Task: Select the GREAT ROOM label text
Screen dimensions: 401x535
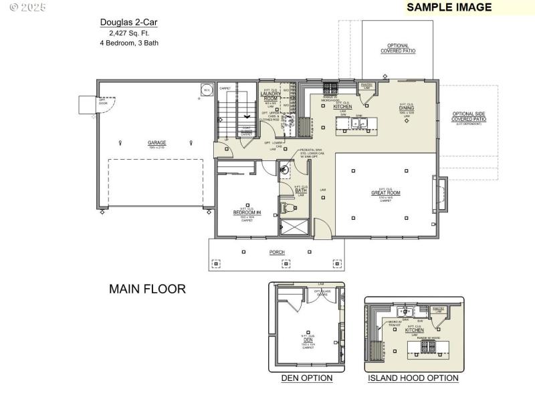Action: click(386, 193)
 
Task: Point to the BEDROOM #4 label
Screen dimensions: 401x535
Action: click(245, 213)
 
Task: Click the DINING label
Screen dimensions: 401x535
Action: click(407, 108)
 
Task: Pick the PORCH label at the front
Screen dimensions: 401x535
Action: click(277, 252)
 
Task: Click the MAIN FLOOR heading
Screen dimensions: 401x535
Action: click(147, 289)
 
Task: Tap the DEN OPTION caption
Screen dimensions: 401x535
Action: click(307, 378)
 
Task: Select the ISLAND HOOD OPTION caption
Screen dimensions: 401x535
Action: click(413, 378)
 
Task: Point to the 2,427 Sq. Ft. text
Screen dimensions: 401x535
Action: click(129, 33)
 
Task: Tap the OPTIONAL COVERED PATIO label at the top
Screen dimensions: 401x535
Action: click(398, 48)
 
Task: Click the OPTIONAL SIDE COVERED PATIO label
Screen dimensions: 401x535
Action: click(469, 117)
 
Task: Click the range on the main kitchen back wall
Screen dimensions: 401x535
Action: click(330, 87)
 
